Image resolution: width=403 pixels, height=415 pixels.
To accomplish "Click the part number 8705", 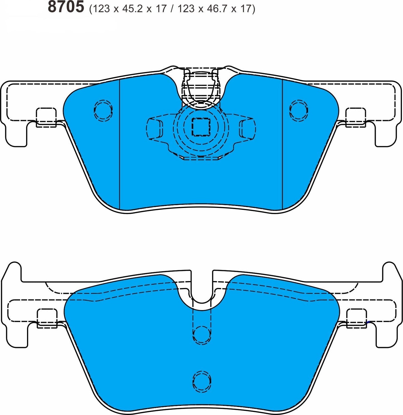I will [66, 7].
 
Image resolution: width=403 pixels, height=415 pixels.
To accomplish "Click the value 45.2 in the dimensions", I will [131, 9].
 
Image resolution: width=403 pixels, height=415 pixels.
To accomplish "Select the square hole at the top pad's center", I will [201, 127].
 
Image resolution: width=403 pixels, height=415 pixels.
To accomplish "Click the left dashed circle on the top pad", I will [103, 110].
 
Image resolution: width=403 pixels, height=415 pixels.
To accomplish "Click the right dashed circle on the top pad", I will [299, 110].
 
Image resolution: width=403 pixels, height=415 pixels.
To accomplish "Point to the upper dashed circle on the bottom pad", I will [202, 335].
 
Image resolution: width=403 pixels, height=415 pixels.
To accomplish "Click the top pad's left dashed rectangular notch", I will [46, 117].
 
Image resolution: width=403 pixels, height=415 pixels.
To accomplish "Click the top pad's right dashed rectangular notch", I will [356, 117].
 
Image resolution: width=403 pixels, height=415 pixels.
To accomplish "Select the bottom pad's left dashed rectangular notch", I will [47, 318].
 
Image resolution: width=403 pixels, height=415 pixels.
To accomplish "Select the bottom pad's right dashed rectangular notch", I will [356, 318].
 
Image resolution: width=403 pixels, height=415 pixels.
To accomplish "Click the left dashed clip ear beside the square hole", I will [155, 128].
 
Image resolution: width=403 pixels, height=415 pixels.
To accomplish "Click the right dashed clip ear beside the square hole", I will [248, 128].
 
